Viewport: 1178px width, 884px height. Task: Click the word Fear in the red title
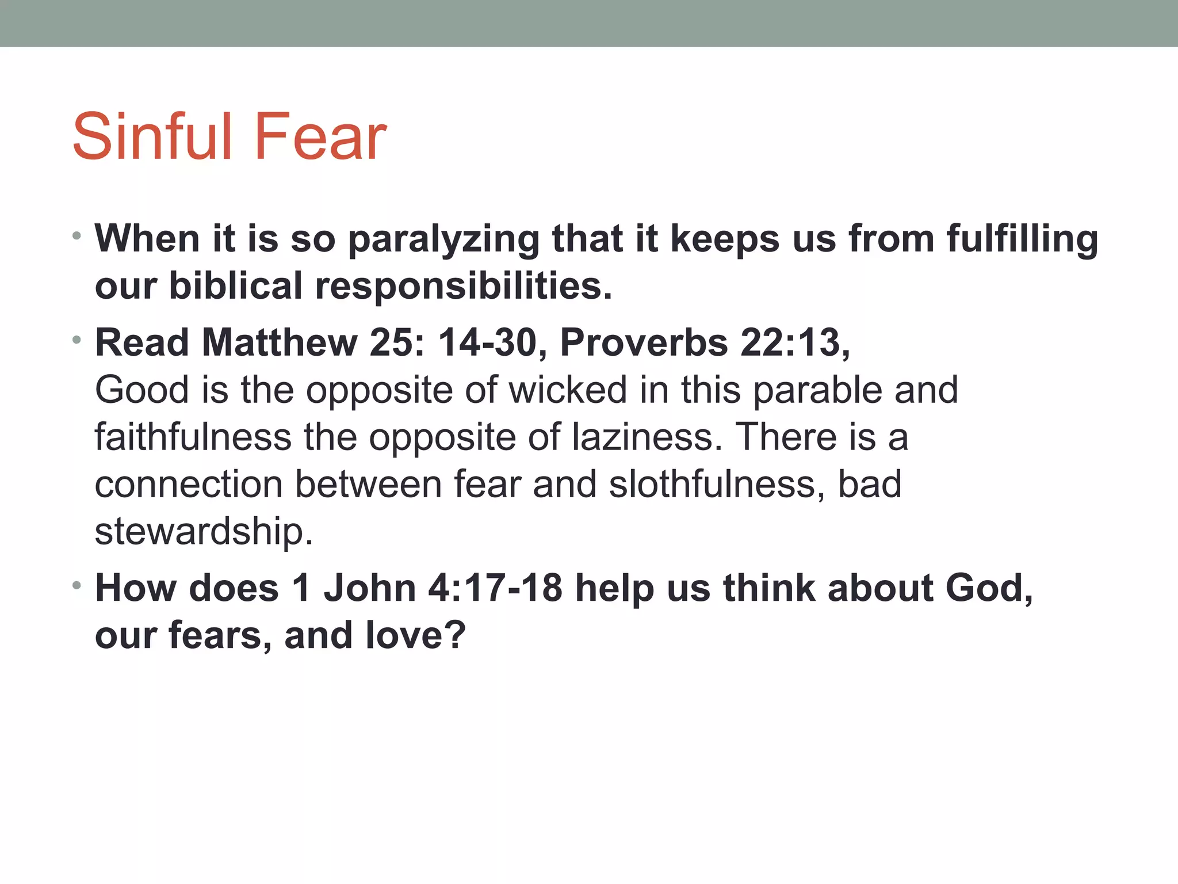320,137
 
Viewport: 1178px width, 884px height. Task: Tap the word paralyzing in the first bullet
443,239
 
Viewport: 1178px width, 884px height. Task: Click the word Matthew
280,343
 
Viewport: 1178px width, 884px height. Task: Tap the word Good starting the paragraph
142,390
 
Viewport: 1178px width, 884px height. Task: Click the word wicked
568,390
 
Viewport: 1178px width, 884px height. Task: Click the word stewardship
204,532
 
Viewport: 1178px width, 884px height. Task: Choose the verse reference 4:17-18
495,589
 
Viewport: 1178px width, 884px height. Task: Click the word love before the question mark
404,636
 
